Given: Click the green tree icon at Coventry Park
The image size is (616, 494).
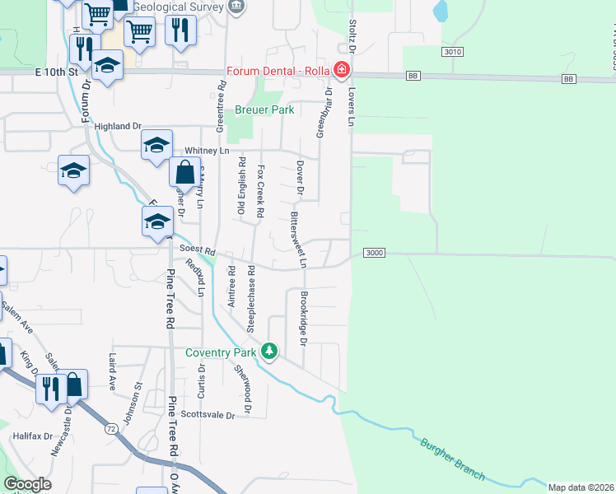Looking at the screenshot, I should pyautogui.click(x=268, y=351).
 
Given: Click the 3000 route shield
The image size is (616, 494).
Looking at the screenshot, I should pyautogui.click(x=373, y=254).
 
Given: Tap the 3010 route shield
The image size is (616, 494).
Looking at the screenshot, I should pyautogui.click(x=451, y=52).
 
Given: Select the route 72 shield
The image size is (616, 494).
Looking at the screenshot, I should pyautogui.click(x=111, y=429).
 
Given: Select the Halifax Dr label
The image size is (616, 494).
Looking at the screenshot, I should pyautogui.click(x=33, y=436).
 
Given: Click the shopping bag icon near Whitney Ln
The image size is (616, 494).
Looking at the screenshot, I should pyautogui.click(x=184, y=174).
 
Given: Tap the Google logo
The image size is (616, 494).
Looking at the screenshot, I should pyautogui.click(x=27, y=484).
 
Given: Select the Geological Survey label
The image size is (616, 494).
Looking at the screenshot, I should pyautogui.click(x=177, y=7).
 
